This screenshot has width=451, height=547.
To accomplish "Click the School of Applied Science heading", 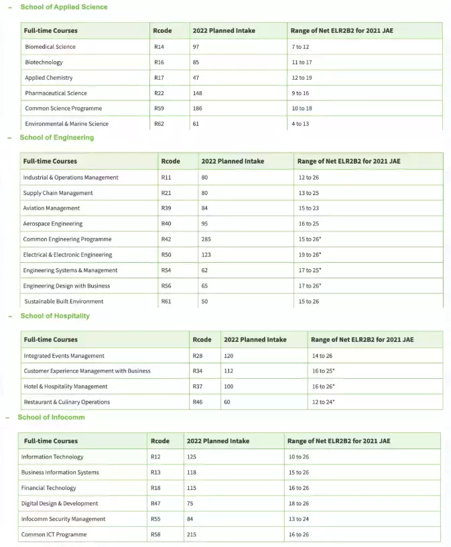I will [x=64, y=7].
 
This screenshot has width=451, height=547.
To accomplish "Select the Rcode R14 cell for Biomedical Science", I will [x=159, y=47].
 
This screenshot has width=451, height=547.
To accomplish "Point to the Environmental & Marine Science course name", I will [x=66, y=124].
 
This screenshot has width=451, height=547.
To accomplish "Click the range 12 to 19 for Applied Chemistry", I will [x=302, y=78].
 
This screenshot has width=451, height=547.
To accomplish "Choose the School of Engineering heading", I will [x=57, y=137].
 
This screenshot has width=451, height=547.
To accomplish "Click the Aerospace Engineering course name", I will [x=53, y=224].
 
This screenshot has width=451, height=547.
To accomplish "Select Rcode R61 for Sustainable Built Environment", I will [x=166, y=302].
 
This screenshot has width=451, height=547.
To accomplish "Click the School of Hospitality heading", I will [x=55, y=316].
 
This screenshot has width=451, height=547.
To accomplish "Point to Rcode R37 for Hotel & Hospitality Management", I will [x=197, y=387].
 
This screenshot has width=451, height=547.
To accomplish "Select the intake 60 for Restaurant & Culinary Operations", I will [x=227, y=402].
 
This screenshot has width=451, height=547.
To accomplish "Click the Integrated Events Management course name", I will [x=64, y=356].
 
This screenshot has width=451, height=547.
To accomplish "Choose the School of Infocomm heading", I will [x=52, y=417].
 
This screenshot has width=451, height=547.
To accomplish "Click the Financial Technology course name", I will [x=49, y=488].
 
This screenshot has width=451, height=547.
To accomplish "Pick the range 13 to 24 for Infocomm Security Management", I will [x=299, y=519].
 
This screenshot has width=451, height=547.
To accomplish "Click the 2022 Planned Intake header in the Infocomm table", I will [x=218, y=441].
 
